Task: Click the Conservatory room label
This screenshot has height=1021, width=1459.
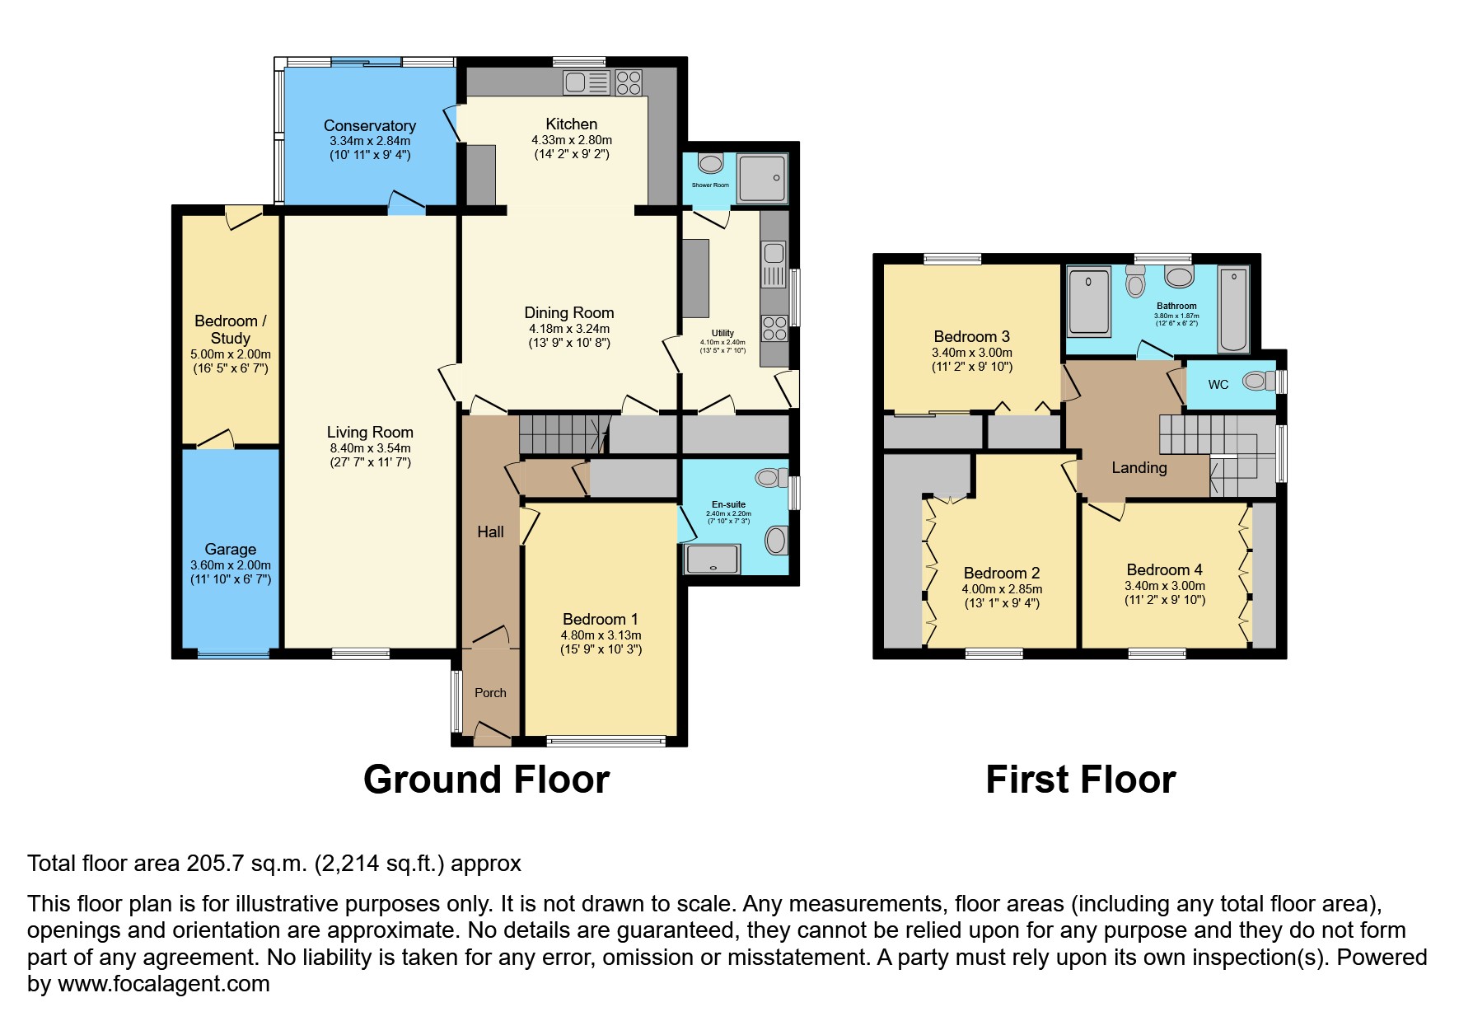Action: pos(369,125)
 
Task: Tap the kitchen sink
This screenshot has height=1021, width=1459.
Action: pos(586,82)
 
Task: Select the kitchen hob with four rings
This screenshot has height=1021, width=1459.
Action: pos(629,82)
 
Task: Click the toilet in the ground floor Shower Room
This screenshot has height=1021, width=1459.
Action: pos(709,162)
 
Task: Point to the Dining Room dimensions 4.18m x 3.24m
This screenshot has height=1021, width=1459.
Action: pos(569,329)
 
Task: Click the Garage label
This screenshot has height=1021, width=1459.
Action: pos(230,549)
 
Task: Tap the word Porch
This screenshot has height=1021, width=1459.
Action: pos(490,693)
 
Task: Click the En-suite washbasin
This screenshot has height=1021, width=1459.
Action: pos(776,541)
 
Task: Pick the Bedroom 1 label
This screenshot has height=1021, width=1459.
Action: pos(600,619)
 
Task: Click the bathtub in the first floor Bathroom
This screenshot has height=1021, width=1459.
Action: pos(1233,309)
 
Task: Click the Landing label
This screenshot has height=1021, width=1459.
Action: pos(1139,468)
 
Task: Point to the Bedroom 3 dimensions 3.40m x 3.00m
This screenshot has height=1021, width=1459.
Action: pos(971,353)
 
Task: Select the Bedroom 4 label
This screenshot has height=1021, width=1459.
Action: pos(1164,569)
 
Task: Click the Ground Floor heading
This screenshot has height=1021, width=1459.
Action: pos(486,780)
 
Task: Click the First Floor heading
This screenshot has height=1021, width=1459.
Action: pos(1080,780)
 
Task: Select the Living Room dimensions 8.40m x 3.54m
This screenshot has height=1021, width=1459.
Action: pos(370,448)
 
